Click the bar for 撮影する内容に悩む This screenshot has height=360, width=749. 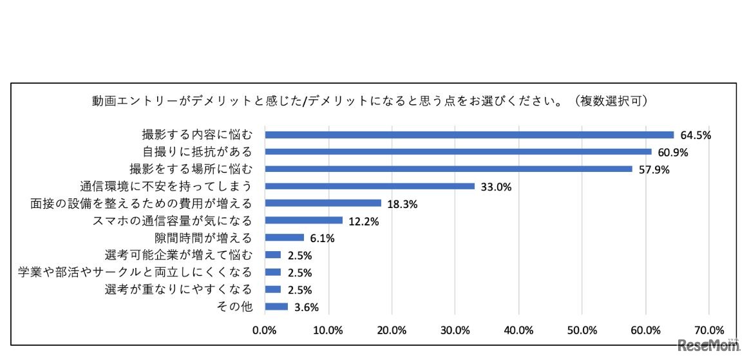click(469, 135)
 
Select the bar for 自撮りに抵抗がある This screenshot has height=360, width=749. click(458, 152)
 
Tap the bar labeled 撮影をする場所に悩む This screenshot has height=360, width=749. click(448, 169)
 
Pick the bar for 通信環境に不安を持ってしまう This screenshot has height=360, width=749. click(370, 186)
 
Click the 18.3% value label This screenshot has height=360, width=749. click(402, 204)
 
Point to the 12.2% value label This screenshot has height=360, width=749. click(363, 222)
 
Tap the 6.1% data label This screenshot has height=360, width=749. click(322, 238)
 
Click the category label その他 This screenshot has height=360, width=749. click(237, 307)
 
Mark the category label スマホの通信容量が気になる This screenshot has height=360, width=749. click(173, 221)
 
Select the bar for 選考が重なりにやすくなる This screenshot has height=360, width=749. click(273, 290)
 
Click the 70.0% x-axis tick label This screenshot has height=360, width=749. click(708, 331)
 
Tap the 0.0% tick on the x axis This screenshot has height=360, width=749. click(265, 331)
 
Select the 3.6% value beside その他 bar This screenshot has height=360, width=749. click(306, 307)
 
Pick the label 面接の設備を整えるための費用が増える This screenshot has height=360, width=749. click(140, 204)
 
